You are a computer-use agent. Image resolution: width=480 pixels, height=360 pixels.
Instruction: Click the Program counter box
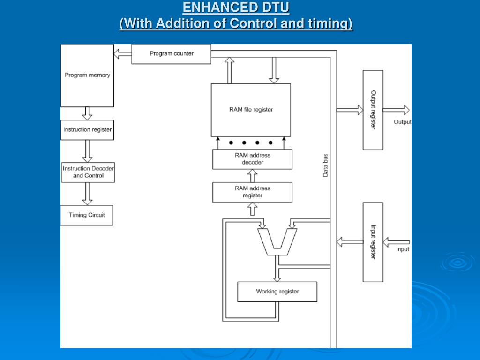click(171, 54)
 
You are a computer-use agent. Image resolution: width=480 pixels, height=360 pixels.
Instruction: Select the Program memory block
click(87, 75)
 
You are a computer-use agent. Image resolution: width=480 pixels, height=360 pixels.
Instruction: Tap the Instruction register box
click(88, 130)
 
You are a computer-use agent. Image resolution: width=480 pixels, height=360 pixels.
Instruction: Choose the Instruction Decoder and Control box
click(88, 172)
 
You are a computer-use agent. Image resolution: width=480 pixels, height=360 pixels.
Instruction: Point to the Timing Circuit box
click(87, 215)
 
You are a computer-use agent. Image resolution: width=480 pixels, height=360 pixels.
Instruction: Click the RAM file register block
click(251, 110)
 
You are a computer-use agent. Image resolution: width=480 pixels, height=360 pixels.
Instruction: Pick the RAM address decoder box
click(252, 159)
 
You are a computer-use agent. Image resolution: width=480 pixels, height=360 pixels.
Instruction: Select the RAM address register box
click(252, 192)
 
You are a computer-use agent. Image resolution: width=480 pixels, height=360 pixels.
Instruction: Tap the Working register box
click(277, 292)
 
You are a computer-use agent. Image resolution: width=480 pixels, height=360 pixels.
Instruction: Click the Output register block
click(373, 110)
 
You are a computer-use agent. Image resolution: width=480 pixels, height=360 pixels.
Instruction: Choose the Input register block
click(373, 242)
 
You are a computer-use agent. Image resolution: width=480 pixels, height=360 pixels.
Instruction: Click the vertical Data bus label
click(325, 165)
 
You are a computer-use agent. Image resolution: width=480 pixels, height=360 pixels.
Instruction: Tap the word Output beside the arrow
click(402, 122)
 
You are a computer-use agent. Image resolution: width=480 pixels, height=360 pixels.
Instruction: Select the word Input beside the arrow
click(402, 249)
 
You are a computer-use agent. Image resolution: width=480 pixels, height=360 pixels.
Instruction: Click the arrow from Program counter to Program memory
click(123, 54)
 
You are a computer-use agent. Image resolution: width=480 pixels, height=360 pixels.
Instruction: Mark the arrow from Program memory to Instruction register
click(87, 113)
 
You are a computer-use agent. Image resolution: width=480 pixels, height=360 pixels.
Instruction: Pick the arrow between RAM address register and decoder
click(252, 176)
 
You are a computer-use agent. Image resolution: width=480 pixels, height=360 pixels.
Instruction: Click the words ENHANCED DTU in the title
click(236, 7)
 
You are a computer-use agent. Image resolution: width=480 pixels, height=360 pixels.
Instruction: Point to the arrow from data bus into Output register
click(350, 110)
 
